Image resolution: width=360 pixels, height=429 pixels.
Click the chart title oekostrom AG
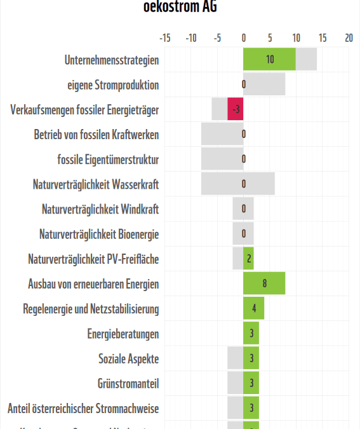coord(180,8)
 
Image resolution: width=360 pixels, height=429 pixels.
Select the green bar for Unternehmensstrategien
coord(269,59)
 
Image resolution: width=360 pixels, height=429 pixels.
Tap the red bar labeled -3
coord(236,109)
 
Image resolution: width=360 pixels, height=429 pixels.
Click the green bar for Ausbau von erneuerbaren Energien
coord(264,283)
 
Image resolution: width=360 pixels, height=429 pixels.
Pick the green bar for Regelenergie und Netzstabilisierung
coord(253,308)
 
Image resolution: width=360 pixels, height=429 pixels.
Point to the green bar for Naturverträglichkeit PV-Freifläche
coord(248,259)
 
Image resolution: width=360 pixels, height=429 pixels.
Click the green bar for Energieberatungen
coord(251,333)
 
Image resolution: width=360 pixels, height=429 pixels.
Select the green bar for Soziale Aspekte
coord(251,358)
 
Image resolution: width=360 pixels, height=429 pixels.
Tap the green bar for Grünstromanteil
coord(251,383)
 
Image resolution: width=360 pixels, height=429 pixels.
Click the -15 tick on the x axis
coord(164,38)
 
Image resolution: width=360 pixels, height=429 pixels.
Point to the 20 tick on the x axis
coord(348,38)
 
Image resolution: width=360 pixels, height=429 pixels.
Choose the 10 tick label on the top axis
coord(295,38)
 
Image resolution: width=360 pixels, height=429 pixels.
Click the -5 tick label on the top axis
coord(217,38)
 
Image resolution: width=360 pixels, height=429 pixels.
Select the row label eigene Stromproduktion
coord(113,85)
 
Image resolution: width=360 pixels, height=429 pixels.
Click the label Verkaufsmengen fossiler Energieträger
coord(84,110)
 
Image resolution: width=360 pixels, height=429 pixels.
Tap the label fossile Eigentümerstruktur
coord(108,160)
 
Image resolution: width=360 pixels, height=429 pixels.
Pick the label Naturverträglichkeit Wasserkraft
coord(96,184)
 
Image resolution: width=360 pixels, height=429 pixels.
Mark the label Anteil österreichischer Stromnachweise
coord(83,408)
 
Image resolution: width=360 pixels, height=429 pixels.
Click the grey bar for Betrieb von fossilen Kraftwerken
coord(222,134)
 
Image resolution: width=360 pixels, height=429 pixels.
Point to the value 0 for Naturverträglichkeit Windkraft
coord(243,209)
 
